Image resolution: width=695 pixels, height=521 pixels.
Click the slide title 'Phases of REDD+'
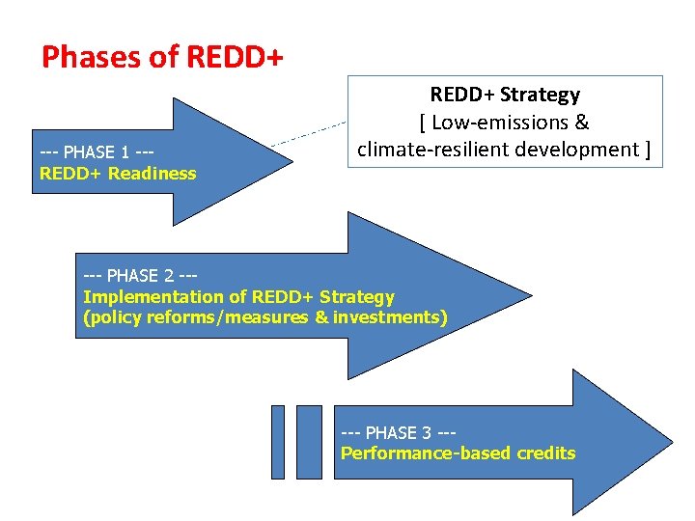click(x=162, y=58)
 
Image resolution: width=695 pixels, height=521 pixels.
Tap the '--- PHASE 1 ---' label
click(x=98, y=152)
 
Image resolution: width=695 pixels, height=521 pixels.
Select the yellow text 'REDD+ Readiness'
click(x=118, y=174)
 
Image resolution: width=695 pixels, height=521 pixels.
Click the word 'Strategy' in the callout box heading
click(x=544, y=95)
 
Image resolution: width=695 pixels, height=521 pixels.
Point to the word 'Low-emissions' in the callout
click(x=502, y=123)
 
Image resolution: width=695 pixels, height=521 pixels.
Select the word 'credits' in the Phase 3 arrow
click(x=545, y=453)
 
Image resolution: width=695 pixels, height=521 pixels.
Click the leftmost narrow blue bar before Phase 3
click(x=278, y=442)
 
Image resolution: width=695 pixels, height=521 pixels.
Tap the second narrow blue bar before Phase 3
click(x=309, y=442)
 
